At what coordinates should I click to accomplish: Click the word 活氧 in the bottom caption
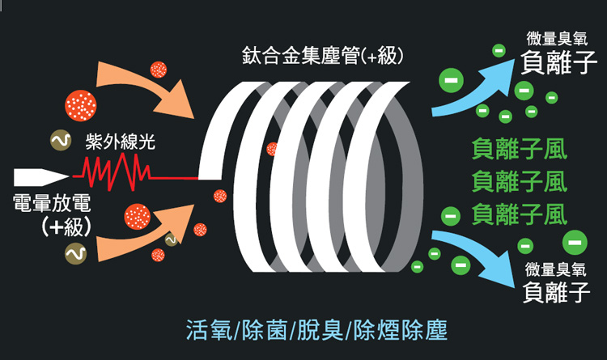tap(204, 331)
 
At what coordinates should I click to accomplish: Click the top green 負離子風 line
tap(519, 151)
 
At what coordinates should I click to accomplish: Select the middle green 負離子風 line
tap(519, 182)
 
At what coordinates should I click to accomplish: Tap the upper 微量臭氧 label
tap(556, 37)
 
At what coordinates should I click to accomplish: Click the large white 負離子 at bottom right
tap(557, 289)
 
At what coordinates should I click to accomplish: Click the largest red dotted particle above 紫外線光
tap(82, 104)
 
